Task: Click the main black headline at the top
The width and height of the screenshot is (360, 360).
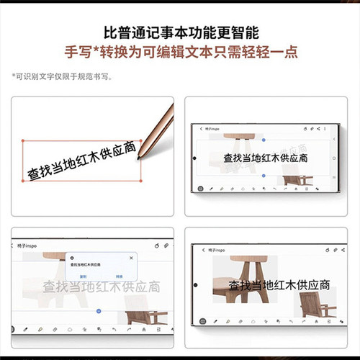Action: click(x=180, y=32)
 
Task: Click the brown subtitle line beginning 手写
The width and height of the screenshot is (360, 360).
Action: click(x=180, y=53)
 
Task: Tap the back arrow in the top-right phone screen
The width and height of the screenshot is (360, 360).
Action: click(x=201, y=129)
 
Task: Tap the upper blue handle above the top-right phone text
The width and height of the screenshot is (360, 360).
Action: click(x=264, y=139)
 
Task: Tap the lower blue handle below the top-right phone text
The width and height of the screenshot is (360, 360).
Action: click(x=264, y=175)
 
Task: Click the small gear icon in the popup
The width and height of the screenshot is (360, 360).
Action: click(x=72, y=257)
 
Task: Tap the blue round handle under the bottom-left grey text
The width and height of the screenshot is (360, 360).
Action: click(x=99, y=310)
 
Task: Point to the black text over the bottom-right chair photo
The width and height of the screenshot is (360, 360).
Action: click(x=266, y=287)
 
